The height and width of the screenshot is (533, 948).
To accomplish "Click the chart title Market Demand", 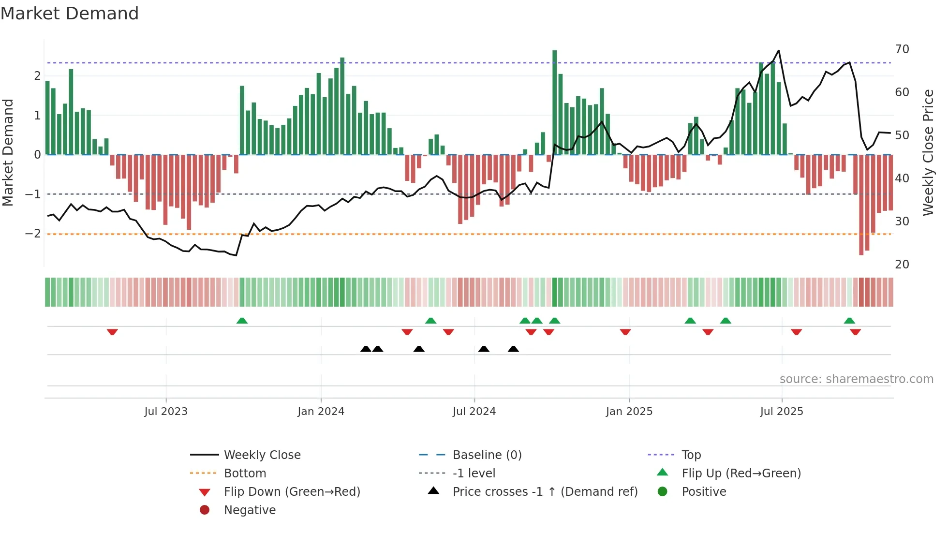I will tap(70, 14).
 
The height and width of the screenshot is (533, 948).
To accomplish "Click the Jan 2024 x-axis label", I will tap(321, 412).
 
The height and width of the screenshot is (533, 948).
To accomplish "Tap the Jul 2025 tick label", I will tap(781, 412).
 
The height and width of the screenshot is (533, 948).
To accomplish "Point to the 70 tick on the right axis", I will tap(902, 49).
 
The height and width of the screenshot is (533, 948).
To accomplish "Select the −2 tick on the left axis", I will tap(33, 234).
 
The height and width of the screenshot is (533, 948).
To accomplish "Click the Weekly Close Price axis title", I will tap(928, 152).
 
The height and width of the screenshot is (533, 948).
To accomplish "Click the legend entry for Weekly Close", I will tap(262, 455).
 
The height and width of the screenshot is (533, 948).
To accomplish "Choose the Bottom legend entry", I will tap(245, 474).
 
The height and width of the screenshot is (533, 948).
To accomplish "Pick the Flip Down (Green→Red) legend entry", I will tap(292, 492).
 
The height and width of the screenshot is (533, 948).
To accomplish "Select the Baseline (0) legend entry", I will tap(487, 455).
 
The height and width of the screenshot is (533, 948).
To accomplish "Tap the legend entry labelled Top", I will tap(691, 455).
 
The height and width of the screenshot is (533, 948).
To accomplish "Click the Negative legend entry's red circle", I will tap(205, 510).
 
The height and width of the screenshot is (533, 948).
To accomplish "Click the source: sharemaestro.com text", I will tap(856, 379).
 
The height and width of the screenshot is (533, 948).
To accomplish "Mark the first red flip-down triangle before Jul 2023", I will tap(112, 332).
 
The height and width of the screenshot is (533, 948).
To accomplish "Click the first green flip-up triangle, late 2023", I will tap(242, 321).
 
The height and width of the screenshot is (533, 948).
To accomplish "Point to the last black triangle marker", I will tap(513, 349).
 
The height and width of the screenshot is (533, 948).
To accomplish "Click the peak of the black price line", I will tap(778, 51).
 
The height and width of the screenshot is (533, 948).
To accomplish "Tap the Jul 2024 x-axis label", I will tap(474, 412).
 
